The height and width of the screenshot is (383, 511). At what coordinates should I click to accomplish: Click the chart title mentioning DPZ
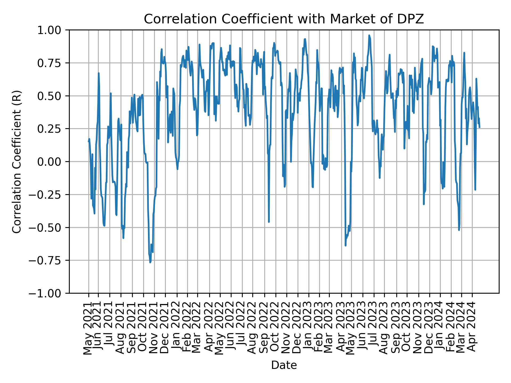coord(284,19)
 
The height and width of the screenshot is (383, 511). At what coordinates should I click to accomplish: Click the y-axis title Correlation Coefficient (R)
coord(17,161)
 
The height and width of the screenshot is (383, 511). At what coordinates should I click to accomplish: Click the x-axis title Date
coord(284,365)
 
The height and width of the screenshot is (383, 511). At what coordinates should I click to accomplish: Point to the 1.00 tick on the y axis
coord(53,30)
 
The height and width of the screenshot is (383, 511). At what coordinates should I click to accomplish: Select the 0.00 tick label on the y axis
coord(53,162)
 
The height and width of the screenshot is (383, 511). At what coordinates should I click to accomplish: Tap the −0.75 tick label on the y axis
coord(50,260)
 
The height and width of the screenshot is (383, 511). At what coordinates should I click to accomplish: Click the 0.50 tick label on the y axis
coord(53,96)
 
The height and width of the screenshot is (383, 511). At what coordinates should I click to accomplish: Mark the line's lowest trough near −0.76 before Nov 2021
coord(150,263)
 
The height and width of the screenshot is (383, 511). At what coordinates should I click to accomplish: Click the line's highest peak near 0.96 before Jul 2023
coord(369,35)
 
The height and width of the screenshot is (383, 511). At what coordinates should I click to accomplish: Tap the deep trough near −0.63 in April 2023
coord(345,245)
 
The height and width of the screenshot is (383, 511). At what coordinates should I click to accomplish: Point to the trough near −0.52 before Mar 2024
coord(459,230)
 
